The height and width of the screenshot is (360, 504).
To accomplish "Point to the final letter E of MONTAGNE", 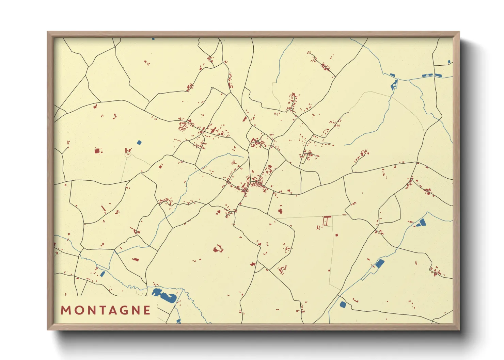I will click(x=147, y=310).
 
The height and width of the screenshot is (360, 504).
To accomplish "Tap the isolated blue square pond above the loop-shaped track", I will click(x=139, y=143).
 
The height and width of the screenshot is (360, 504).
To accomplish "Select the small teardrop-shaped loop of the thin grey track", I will click(x=128, y=155).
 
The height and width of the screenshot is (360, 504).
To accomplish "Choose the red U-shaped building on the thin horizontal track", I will click(x=327, y=221).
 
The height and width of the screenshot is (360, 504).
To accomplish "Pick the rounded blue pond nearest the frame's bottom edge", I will click(x=343, y=304).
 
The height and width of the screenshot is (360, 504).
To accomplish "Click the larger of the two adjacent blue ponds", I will click(x=422, y=223).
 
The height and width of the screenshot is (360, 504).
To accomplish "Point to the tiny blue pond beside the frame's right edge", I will click(x=449, y=62).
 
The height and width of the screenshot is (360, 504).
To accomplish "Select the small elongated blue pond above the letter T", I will click(x=103, y=274).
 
